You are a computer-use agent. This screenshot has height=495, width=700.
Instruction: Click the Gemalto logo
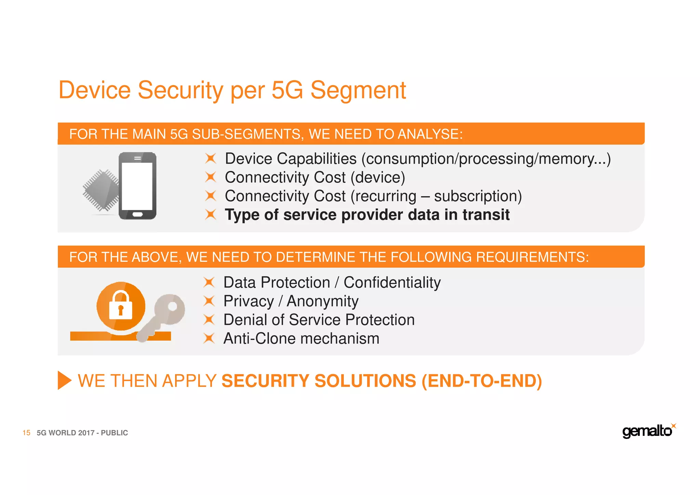[647, 431]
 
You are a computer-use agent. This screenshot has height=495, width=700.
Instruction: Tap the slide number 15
[26, 433]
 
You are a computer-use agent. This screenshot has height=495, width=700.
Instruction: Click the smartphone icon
[137, 186]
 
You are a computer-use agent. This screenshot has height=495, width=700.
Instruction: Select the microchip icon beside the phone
[100, 190]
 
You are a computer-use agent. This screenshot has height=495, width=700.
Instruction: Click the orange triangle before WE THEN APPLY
[64, 380]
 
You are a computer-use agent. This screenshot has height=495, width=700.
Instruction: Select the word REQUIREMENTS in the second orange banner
[532, 257]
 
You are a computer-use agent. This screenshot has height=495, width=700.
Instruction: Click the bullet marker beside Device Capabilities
[211, 159]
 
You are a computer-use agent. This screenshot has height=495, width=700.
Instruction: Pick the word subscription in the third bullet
[477, 196]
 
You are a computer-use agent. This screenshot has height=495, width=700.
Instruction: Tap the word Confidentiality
[392, 283]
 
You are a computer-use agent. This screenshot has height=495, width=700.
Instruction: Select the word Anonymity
[322, 301]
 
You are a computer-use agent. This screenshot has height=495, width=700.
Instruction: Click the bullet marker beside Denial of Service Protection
[209, 320]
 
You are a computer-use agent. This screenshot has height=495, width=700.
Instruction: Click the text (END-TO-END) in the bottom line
[482, 381]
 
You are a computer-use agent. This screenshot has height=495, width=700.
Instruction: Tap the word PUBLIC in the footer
[114, 433]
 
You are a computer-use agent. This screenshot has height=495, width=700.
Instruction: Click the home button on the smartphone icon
[137, 214]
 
